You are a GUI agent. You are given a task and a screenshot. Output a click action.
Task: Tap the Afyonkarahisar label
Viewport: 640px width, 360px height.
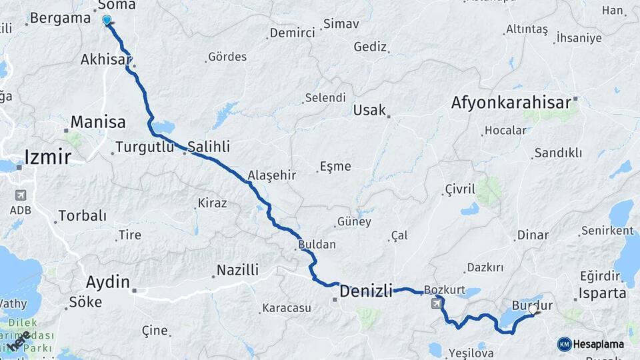[x=511, y=103]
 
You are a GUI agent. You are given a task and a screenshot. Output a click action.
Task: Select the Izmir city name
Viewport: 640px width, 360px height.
[x=47, y=157]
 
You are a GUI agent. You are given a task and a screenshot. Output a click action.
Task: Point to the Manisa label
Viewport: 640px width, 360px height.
[x=97, y=122]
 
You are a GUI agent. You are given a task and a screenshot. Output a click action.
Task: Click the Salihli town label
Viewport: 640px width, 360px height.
[x=209, y=146]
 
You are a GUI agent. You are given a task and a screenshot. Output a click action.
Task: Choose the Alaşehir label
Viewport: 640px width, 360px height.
[x=271, y=175]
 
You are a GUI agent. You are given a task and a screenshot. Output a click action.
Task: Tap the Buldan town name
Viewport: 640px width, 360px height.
[x=317, y=245]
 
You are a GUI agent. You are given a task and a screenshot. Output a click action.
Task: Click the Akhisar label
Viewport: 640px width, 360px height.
[x=106, y=59]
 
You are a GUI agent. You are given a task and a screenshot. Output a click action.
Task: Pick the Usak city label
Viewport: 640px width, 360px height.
[x=369, y=110]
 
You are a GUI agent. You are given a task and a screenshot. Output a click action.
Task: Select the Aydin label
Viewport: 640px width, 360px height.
[x=107, y=282]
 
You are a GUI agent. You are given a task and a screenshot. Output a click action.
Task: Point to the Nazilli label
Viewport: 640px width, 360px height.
[x=237, y=270]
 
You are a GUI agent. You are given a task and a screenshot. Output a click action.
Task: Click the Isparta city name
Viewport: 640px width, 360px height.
[x=603, y=293]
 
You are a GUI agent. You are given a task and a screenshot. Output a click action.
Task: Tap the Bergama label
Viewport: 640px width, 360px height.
[x=61, y=18]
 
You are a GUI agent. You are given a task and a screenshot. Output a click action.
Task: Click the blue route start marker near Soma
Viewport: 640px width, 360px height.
[x=107, y=21]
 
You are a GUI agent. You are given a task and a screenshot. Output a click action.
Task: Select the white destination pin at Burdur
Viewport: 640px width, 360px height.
[x=533, y=309]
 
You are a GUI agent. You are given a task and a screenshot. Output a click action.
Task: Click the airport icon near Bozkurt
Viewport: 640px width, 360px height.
[x=437, y=304]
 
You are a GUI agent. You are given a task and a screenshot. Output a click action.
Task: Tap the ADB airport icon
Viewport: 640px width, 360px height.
[x=20, y=195]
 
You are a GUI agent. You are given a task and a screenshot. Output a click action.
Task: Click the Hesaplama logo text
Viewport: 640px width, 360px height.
[x=599, y=344]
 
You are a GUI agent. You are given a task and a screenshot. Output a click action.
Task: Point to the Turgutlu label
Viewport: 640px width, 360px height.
[x=145, y=147]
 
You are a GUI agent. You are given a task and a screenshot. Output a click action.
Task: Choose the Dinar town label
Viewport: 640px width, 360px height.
[x=533, y=235]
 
